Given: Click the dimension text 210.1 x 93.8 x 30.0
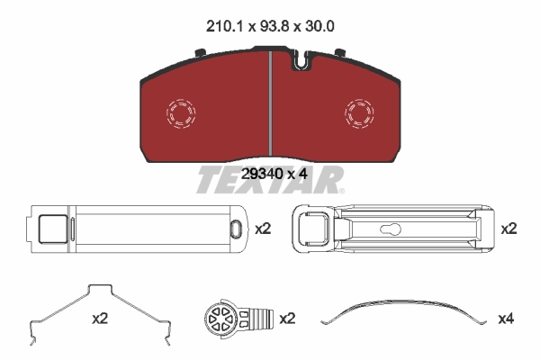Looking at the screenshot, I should click(x=269, y=27).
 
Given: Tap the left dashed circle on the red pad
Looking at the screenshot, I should click(x=182, y=112).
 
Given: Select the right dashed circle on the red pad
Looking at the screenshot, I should click(x=360, y=112).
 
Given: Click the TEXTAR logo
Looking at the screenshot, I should click(x=270, y=181).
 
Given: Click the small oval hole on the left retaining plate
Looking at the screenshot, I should click(x=235, y=229).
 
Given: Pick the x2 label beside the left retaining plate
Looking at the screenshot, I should click(x=263, y=229).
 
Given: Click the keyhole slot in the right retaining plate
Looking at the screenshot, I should click(x=391, y=229).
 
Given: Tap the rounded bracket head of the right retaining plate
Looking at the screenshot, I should click(x=310, y=229).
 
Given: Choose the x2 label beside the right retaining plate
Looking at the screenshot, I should click(x=509, y=229).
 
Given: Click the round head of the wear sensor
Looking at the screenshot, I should click(x=220, y=318).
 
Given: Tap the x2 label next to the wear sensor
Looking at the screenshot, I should click(x=288, y=318).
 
